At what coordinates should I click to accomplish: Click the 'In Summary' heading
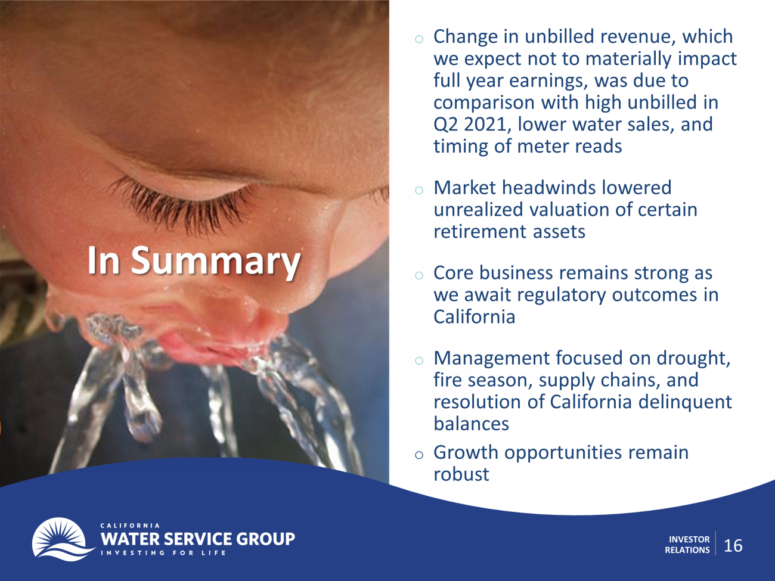194,261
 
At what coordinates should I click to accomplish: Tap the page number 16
733,546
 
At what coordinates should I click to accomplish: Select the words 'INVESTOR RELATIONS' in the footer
687,545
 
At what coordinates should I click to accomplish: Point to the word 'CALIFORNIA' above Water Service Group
130,526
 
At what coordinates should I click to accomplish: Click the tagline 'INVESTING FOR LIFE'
163,553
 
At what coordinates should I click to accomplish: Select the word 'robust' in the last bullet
461,474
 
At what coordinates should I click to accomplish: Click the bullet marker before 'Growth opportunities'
419,455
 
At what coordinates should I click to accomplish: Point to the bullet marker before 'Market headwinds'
419,191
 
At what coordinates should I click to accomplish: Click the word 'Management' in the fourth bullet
492,358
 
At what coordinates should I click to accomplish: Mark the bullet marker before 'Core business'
419,275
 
